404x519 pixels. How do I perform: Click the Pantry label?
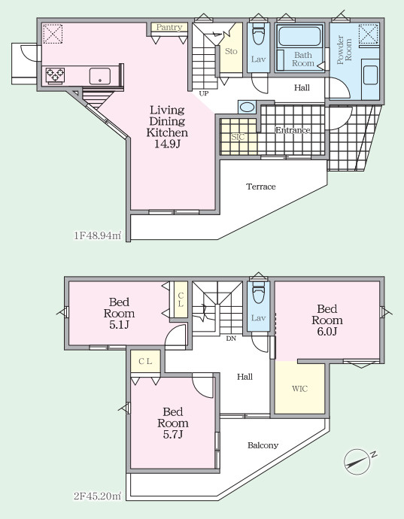tap(169, 27)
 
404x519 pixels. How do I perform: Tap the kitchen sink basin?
tap(99, 76)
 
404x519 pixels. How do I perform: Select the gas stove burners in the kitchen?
tap(55, 74)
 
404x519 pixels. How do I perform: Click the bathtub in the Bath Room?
tap(299, 36)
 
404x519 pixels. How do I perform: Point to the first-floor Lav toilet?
tap(258, 33)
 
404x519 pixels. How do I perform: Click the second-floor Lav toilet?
tap(258, 292)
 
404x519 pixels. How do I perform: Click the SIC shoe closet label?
tap(238, 136)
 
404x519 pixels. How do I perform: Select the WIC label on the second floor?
tap(299, 389)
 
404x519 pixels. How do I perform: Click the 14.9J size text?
tap(167, 144)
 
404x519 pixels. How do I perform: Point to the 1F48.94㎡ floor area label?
tap(97, 235)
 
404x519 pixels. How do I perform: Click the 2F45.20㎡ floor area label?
tap(97, 496)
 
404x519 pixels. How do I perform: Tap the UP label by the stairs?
tap(204, 94)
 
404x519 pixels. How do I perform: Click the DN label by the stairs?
tap(231, 338)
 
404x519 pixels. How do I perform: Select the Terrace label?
tap(261, 187)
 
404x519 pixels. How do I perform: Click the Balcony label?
tap(263, 445)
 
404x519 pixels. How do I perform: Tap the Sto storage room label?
tap(231, 51)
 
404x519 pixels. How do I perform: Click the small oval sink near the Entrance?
tap(247, 108)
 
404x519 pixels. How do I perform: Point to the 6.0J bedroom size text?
tap(327, 331)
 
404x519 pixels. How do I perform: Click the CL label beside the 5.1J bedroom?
tap(181, 299)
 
